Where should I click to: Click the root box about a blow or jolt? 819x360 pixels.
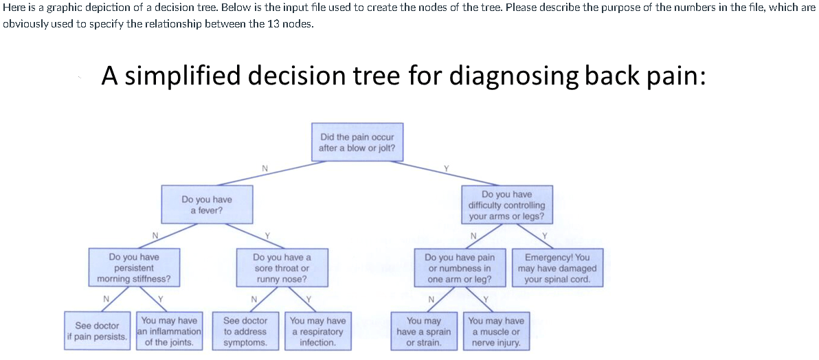pos(357,142)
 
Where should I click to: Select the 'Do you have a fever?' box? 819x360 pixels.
pos(206,205)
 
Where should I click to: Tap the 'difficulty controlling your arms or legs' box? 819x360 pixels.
pos(506,205)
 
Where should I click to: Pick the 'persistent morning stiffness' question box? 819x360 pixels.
pos(134,268)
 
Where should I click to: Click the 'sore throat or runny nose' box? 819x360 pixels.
pos(282,268)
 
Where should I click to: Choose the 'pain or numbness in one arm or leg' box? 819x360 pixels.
pos(459,268)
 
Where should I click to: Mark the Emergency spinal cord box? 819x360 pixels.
pos(557,268)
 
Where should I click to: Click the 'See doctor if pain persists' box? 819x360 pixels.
pos(97,330)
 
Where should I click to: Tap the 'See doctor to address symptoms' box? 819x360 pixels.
pos(245,330)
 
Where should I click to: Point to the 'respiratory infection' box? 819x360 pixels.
pos(317,330)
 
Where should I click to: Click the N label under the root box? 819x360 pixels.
pos(265,168)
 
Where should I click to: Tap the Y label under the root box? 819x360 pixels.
pos(445,168)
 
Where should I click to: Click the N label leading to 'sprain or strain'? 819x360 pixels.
pos(430,300)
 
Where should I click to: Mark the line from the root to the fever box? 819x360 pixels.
pos(265,173)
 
